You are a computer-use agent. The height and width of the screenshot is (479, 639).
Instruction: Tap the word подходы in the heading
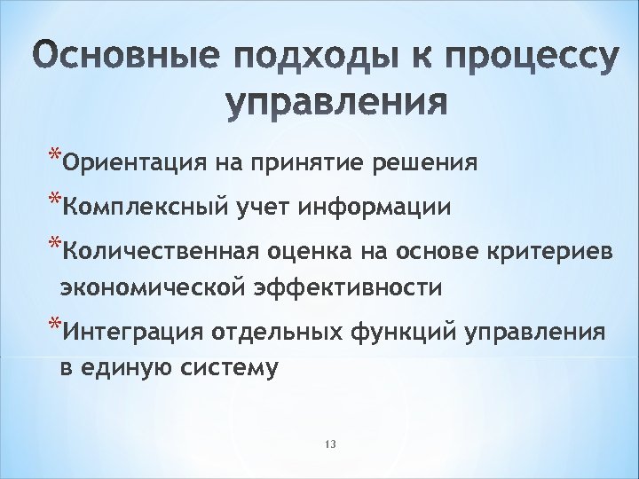pos(289,59)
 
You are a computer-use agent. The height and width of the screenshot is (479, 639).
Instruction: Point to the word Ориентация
pos(122,164)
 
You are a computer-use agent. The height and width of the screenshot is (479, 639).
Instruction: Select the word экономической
pos(151,288)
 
